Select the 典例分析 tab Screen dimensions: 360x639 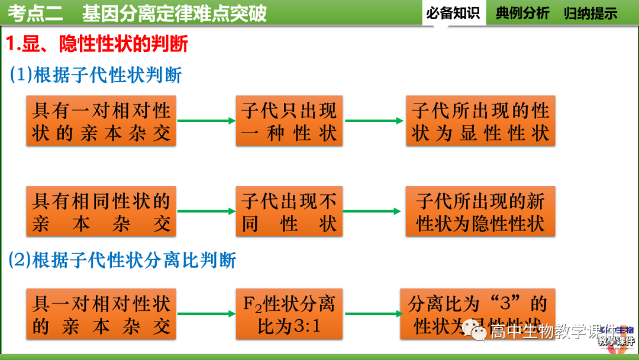pos(522,13)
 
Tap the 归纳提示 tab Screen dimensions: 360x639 pos(590,13)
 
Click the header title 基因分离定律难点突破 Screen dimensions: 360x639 pos(175,13)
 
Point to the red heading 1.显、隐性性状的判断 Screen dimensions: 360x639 pos(97,44)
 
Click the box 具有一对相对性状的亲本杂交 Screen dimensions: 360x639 pos(101,121)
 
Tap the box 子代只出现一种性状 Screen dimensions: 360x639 pos(289,121)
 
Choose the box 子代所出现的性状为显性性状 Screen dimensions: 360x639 pos(480,121)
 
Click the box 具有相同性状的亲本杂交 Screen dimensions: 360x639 pos(101,211)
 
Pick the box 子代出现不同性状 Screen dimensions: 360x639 pos(289,211)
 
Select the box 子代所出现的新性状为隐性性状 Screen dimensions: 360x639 pos(480,211)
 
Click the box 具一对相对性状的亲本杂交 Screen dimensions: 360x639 pos(101,314)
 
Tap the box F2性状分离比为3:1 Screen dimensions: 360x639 pos(289,314)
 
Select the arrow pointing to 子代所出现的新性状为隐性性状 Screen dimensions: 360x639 pos(373,211)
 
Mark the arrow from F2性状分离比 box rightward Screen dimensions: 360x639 pos(373,314)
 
